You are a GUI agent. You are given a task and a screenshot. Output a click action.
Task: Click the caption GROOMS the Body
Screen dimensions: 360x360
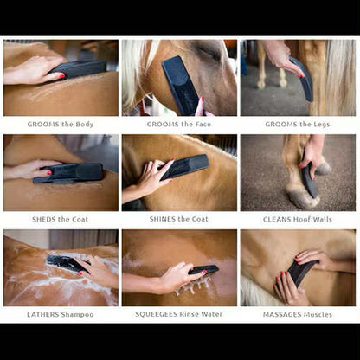pyautogui.click(x=61, y=124)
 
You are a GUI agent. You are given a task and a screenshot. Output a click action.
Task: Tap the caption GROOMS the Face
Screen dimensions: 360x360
pyautogui.click(x=180, y=124)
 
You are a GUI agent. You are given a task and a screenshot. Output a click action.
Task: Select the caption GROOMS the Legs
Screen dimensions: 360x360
pyautogui.click(x=299, y=124)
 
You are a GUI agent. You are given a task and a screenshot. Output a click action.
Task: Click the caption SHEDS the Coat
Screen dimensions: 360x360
pyautogui.click(x=61, y=219)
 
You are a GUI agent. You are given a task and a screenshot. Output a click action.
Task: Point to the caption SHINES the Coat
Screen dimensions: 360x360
pyautogui.click(x=180, y=219)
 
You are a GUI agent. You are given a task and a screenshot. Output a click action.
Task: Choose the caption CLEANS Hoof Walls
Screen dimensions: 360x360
pyautogui.click(x=299, y=219)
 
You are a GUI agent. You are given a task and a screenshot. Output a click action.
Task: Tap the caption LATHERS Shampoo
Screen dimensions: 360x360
pyautogui.click(x=61, y=314)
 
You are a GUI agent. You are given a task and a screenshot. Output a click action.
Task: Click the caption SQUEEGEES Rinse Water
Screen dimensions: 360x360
pyautogui.click(x=180, y=314)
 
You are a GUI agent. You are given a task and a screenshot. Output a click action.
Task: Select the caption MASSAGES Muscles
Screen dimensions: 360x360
pyautogui.click(x=299, y=314)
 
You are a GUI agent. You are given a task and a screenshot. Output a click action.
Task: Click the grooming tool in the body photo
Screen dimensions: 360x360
pyautogui.click(x=78, y=68)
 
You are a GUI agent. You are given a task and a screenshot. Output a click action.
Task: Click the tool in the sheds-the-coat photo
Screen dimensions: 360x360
pyautogui.click(x=69, y=173)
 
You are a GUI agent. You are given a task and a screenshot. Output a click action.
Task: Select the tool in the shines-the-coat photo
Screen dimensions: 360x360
pyautogui.click(x=186, y=164)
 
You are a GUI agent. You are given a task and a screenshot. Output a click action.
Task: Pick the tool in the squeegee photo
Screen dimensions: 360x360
pyautogui.click(x=204, y=270)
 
